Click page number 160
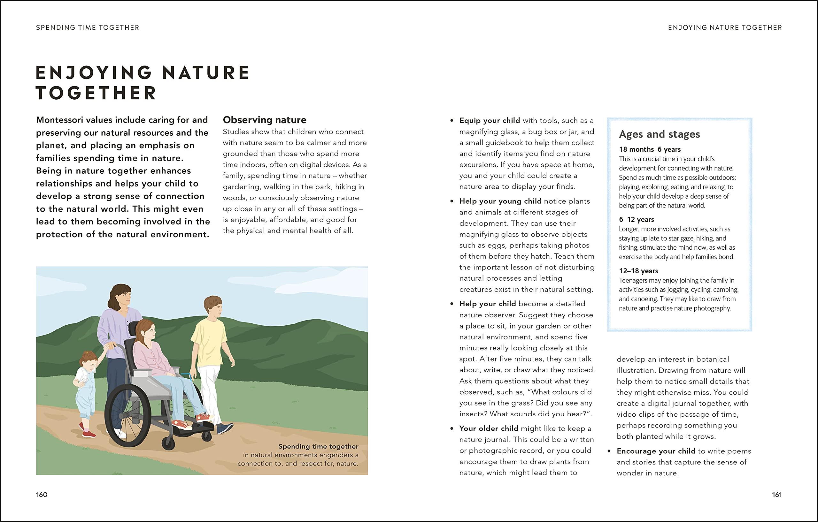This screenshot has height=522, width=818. coord(42,495)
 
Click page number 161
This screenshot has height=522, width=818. coord(776,495)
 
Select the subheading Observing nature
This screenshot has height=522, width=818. coord(264,120)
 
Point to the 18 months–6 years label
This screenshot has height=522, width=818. coord(650,149)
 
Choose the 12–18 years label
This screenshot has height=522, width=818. coord(638,271)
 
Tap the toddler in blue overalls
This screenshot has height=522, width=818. coord(86,390)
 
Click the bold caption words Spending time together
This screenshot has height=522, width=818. coord(318,447)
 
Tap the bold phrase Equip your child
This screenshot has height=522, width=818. coord(490,120)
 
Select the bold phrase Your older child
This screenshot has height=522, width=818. coord(489,429)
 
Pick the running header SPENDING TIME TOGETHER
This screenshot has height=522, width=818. coord(88,27)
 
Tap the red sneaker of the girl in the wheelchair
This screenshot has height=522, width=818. coord(182,424)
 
